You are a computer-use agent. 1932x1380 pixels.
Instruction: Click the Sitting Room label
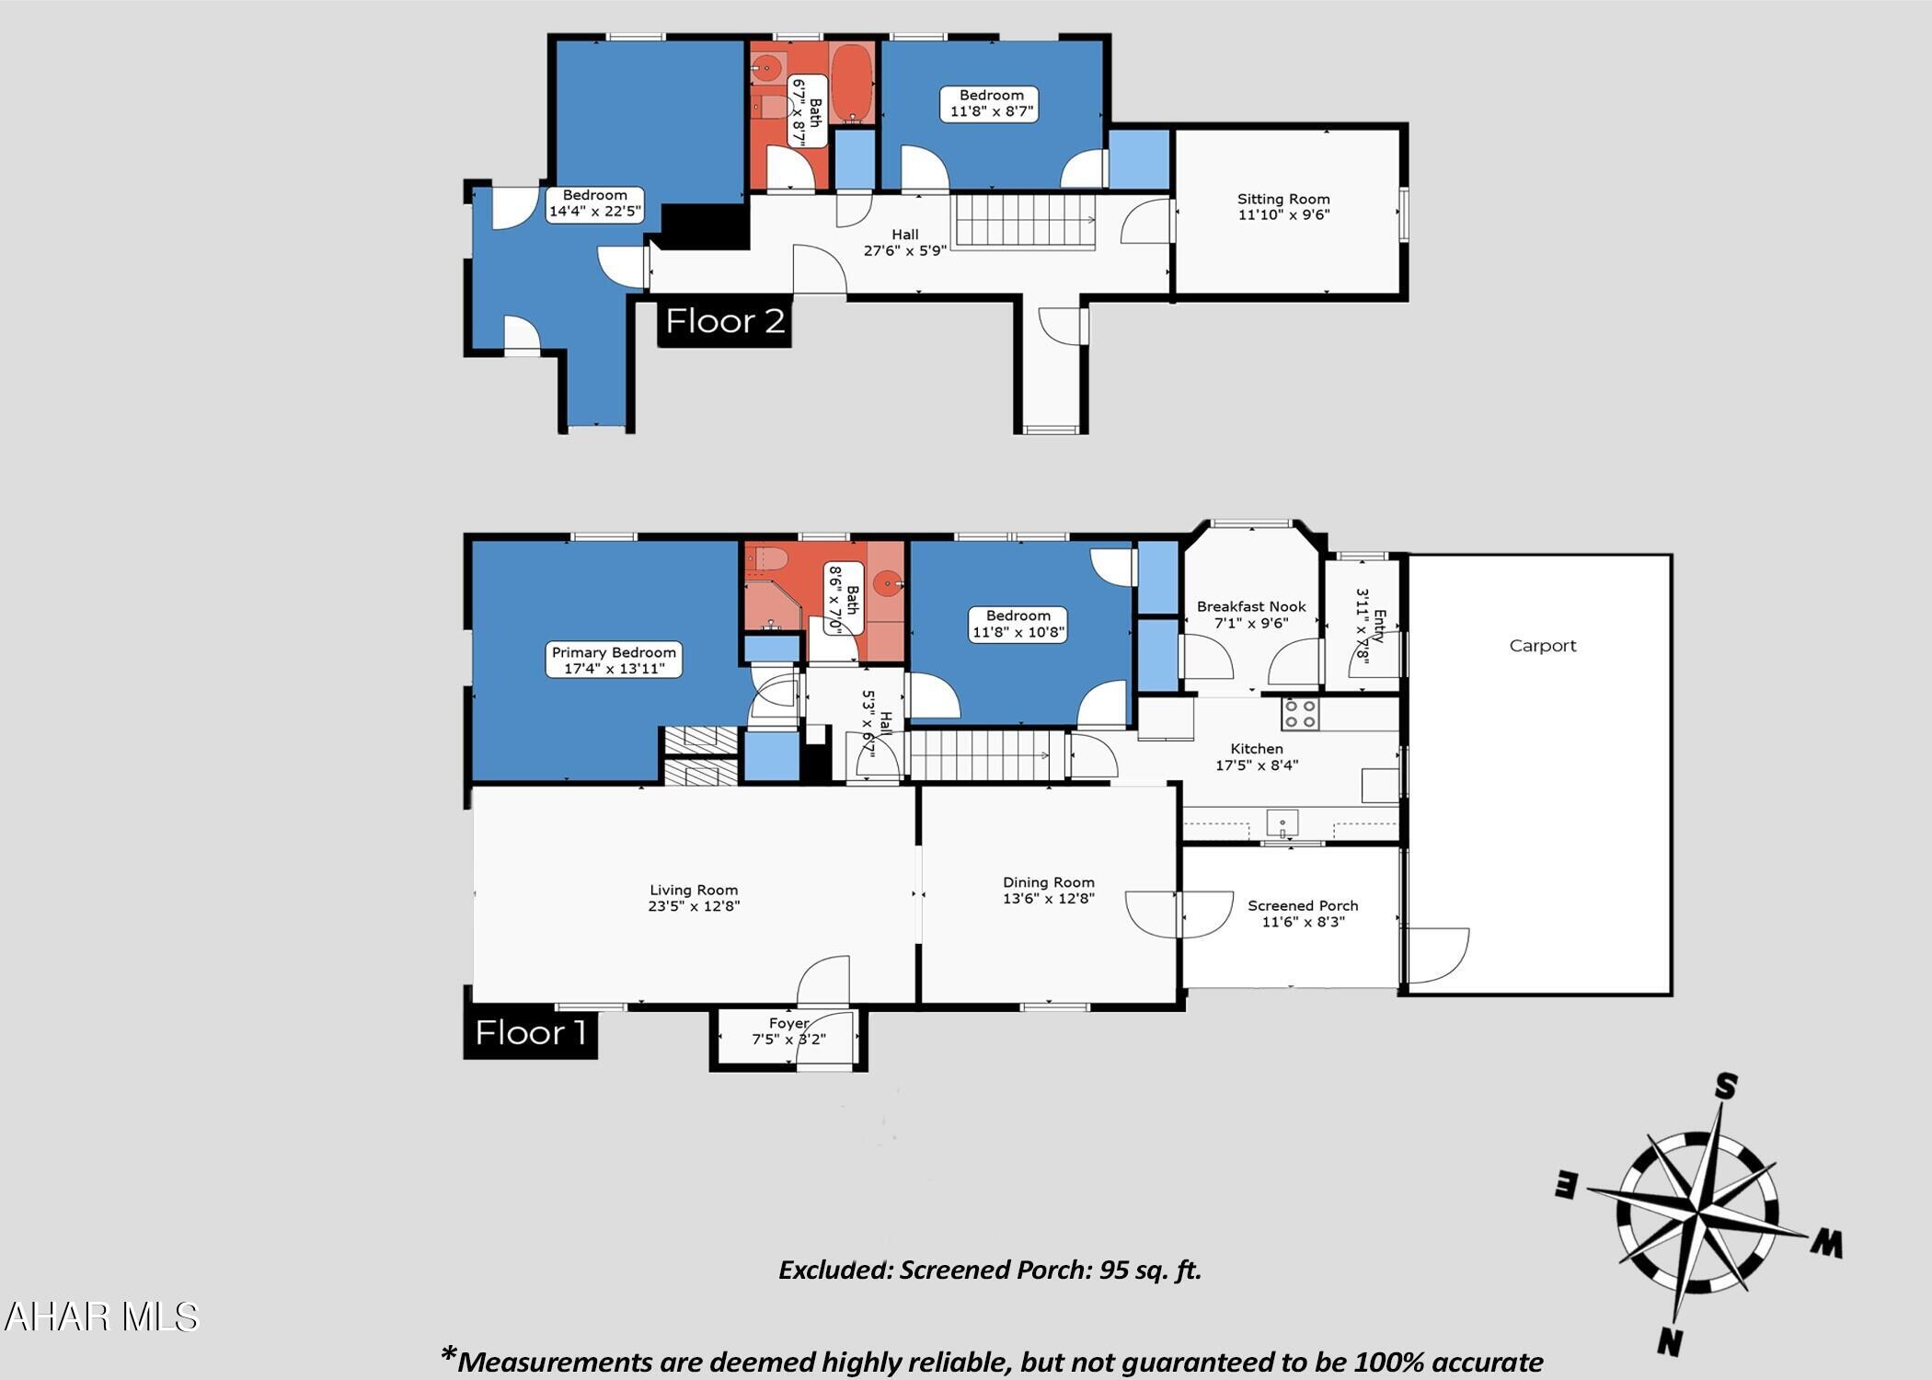(1283, 199)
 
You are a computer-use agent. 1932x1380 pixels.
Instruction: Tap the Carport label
(1543, 646)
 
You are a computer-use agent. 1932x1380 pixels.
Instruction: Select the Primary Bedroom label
(614, 652)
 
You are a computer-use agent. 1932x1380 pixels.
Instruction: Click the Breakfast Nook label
(1251, 606)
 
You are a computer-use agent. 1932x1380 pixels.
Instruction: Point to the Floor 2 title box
(725, 321)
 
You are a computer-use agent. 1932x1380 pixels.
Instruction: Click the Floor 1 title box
(531, 1032)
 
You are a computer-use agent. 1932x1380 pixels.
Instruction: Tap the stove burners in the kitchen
(1301, 714)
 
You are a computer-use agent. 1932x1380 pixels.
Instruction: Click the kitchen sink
(1282, 822)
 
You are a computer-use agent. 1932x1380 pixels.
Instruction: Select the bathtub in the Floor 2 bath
(853, 84)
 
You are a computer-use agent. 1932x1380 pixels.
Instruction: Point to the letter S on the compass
(1726, 1087)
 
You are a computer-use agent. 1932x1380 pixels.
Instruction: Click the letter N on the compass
(1671, 1342)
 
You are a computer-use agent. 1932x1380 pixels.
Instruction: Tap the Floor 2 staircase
(1024, 221)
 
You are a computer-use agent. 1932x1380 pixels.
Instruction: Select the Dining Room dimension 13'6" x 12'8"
(1048, 898)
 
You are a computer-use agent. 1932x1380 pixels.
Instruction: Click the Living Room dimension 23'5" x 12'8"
(694, 905)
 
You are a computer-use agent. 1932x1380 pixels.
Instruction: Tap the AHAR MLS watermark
(101, 1317)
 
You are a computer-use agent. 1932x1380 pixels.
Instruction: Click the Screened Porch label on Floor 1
(1303, 905)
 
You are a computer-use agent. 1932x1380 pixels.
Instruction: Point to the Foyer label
(788, 1023)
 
